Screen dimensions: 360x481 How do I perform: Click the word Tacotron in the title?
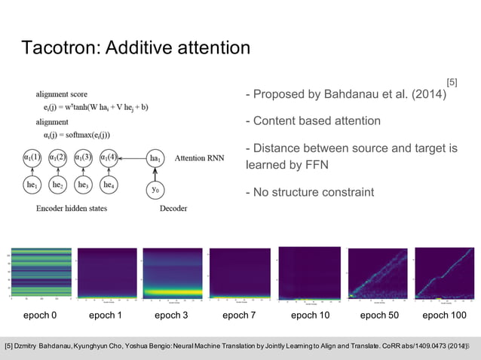[59, 49]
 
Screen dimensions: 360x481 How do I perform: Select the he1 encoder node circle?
[32, 185]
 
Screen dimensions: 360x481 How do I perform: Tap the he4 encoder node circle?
[109, 185]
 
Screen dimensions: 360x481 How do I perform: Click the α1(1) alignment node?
[32, 158]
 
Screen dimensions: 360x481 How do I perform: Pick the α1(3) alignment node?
[84, 158]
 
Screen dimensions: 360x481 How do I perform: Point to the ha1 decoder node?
[155, 158]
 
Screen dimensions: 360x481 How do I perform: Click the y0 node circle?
[155, 190]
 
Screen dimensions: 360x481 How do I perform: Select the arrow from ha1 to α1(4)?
[132, 158]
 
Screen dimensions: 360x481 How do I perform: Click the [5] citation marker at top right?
[452, 81]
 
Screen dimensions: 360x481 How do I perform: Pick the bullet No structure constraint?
[309, 192]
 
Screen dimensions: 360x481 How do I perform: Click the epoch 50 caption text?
[379, 315]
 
